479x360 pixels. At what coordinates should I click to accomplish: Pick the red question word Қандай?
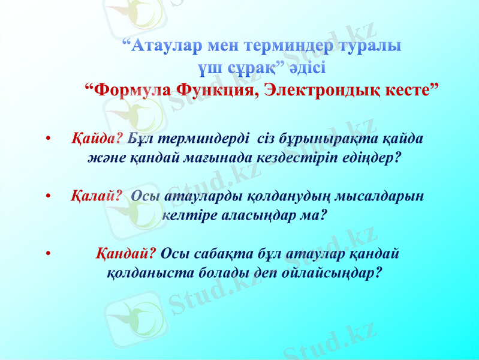(126, 253)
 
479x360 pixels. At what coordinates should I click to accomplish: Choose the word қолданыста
(139, 272)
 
